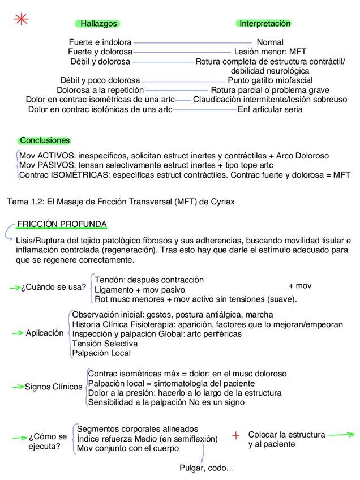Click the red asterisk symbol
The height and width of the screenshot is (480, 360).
pyautogui.click(x=22, y=19)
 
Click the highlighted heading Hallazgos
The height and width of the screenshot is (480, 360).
pyautogui.click(x=98, y=24)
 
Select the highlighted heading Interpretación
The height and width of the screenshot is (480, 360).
pyautogui.click(x=264, y=24)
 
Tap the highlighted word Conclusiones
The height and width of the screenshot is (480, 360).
pyautogui.click(x=45, y=140)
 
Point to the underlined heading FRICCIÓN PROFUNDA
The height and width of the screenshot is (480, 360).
pyautogui.click(x=62, y=224)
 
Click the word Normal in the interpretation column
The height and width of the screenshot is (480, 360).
pyautogui.click(x=270, y=42)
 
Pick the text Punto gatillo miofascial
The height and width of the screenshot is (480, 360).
pyautogui.click(x=270, y=80)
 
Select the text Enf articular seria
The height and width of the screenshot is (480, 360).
pyautogui.click(x=270, y=109)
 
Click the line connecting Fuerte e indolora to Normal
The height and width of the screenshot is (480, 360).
pyautogui.click(x=192, y=42)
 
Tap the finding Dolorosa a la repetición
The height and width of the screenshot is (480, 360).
pyautogui.click(x=100, y=90)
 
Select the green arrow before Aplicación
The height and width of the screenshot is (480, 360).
pyautogui.click(x=18, y=333)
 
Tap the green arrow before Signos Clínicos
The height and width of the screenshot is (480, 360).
pyautogui.click(x=18, y=387)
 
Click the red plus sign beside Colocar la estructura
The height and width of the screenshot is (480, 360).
pyautogui.click(x=236, y=435)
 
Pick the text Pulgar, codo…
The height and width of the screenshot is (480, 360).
pyautogui.click(x=207, y=468)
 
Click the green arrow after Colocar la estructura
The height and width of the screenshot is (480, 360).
pyautogui.click(x=341, y=435)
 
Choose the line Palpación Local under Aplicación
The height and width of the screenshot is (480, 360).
pyautogui.click(x=101, y=353)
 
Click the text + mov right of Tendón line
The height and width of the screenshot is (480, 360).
pyautogui.click(x=300, y=286)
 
